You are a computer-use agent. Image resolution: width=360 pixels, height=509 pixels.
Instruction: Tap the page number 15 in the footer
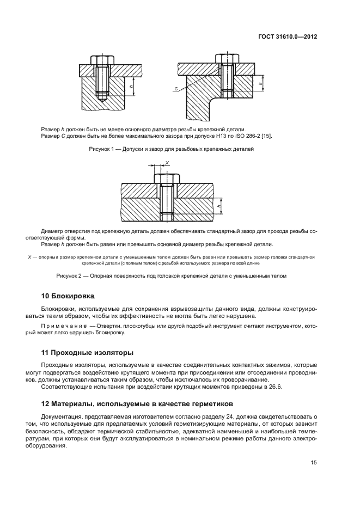(x=314, y=463)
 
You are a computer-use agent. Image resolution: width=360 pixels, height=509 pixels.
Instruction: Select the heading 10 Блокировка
(x=68, y=296)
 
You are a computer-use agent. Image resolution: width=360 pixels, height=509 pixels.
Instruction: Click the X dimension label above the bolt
(x=167, y=163)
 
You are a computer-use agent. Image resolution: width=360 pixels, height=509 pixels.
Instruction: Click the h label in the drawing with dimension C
(x=263, y=83)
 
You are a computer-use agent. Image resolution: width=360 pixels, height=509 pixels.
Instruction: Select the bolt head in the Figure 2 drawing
(x=167, y=177)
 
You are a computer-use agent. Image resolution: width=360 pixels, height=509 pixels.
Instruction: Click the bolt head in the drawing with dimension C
(x=227, y=58)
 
